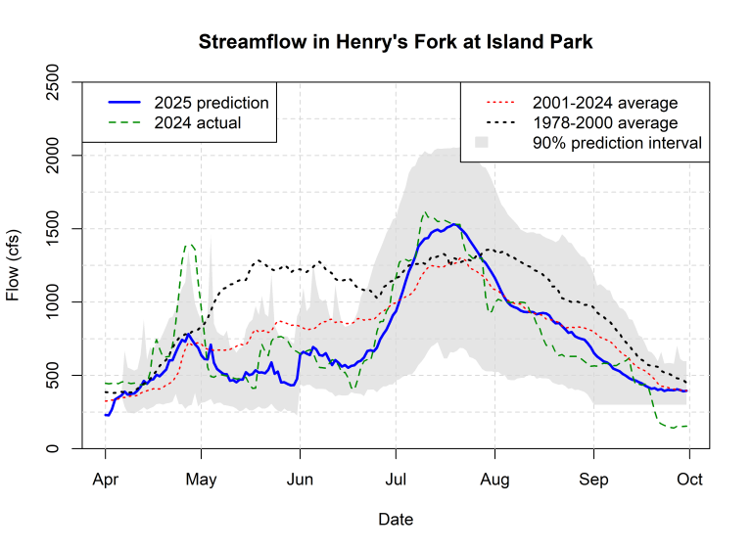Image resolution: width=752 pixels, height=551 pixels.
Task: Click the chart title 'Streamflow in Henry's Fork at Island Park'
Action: (x=396, y=43)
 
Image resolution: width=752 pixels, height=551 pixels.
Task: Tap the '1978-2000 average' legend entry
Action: (x=605, y=122)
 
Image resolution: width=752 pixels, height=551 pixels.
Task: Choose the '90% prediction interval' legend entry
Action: (x=617, y=143)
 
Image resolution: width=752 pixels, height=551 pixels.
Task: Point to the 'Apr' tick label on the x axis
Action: (x=105, y=480)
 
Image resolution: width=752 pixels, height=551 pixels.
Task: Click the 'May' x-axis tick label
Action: (x=201, y=480)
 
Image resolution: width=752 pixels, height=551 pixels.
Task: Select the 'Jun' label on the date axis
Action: (x=300, y=480)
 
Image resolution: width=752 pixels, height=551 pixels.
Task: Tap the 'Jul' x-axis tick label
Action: (x=396, y=480)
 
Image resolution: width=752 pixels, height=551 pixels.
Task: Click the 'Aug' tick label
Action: (x=495, y=480)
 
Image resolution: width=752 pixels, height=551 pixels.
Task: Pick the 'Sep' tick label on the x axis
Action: (x=593, y=480)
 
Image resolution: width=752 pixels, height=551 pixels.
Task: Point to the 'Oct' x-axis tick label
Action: (x=689, y=480)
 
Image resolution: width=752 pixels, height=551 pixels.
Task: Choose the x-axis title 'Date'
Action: (x=396, y=520)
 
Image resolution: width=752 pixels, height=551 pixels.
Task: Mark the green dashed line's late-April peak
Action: (x=189, y=245)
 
